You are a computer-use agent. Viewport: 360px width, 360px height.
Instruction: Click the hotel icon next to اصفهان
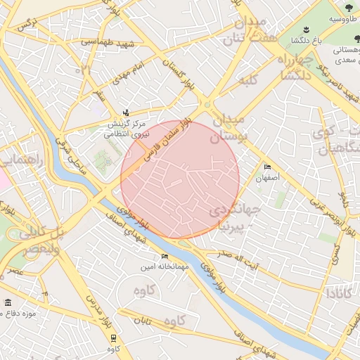266,167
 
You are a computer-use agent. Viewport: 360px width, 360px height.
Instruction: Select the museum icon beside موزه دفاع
8,302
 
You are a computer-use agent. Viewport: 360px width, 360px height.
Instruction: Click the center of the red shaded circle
180,180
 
